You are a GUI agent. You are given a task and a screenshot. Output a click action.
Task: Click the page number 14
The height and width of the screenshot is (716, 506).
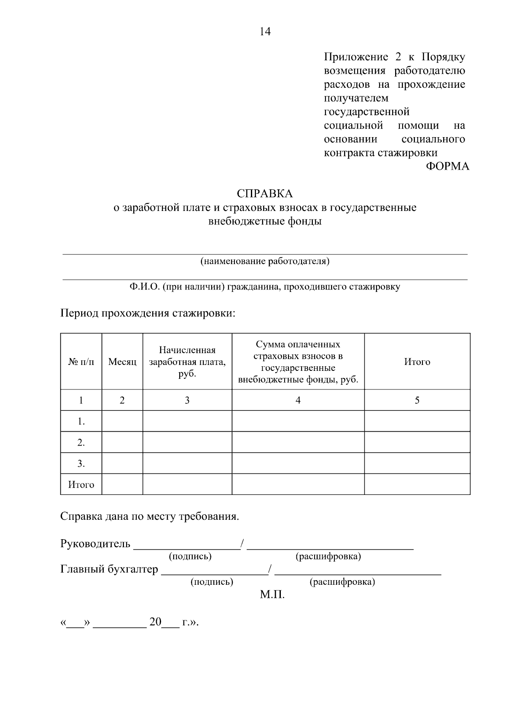pos(265,32)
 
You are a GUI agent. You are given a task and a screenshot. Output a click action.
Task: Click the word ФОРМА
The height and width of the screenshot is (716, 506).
pos(447,166)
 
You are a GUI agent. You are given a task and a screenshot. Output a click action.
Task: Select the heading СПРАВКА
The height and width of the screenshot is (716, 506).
pos(264,194)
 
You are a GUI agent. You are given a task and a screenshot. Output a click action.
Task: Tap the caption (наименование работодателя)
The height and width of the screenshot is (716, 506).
pos(265,261)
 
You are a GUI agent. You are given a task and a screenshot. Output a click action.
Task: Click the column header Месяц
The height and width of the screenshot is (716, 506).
pos(122,362)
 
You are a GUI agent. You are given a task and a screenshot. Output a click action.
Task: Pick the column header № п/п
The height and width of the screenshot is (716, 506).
pos(81,362)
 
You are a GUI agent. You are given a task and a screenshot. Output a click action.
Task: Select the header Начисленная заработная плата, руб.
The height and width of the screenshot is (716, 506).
pos(187,362)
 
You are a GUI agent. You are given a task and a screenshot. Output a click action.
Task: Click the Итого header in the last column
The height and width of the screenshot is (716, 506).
pos(417,362)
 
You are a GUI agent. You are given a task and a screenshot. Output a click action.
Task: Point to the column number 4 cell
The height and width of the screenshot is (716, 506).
pos(298,400)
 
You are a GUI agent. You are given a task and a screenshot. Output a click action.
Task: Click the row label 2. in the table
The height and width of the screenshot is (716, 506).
pos(81,443)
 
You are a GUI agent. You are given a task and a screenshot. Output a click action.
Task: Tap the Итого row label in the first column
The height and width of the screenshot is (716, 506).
pos(81,485)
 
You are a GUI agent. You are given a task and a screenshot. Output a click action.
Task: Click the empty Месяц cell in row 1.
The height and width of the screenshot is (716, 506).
pos(122,421)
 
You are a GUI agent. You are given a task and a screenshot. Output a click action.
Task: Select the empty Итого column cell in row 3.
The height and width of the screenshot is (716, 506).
pos(417,464)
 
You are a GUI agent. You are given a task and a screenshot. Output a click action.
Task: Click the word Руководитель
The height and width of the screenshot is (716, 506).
pos(95,543)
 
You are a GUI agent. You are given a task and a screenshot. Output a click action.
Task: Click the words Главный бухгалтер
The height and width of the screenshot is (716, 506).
pos(109,569)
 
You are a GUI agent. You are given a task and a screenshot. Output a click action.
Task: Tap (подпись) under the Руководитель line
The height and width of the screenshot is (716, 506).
pos(190,557)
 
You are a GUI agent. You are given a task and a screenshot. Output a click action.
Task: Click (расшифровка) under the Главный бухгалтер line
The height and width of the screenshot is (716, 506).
pos(342,582)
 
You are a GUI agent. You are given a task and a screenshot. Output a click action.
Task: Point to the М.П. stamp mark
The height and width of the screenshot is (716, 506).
pos(272,595)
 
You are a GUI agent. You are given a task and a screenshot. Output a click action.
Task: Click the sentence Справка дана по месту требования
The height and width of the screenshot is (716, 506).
pos(150,516)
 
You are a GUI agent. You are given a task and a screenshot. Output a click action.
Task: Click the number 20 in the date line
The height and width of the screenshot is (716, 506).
pos(155,622)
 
